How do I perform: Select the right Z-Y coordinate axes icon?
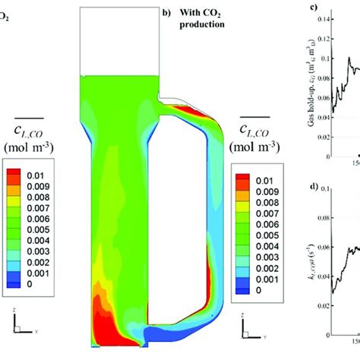coord(249,348)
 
